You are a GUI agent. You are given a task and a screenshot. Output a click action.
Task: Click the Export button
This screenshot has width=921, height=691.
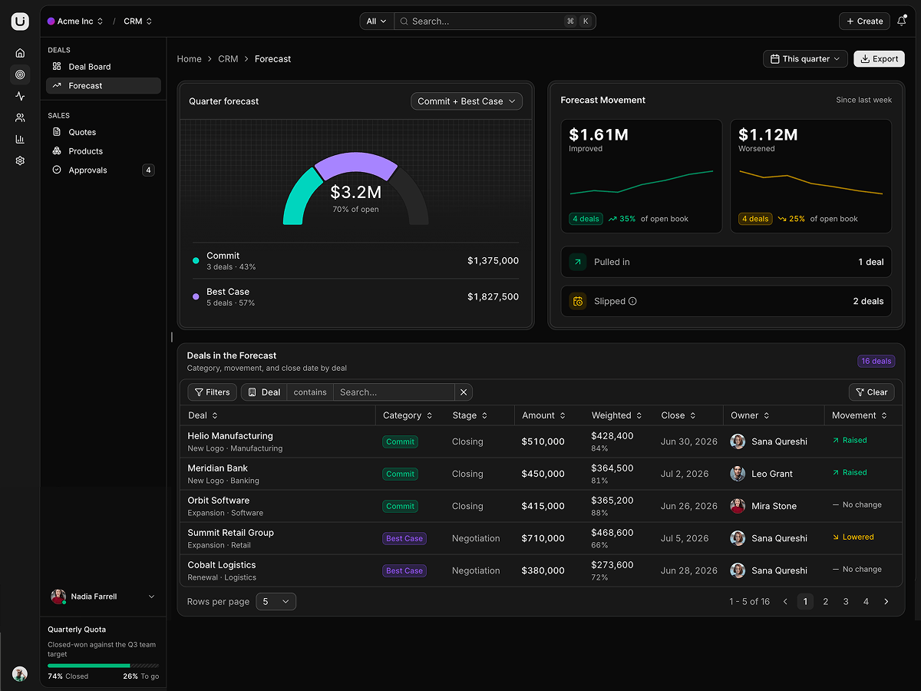879,59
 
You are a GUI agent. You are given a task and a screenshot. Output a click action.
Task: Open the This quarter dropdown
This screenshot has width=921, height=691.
805,59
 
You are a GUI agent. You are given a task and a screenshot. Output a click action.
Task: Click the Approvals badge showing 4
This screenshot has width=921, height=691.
148,170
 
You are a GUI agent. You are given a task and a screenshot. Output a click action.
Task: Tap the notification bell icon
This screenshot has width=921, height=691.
901,21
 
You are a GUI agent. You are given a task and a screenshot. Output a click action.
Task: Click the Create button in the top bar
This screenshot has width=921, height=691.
864,21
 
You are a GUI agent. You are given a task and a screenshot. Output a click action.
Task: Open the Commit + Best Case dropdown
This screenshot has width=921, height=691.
466,101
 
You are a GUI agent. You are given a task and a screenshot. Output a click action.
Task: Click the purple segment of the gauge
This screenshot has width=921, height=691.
356,164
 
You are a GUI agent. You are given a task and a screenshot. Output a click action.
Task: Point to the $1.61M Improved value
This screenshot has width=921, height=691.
599,134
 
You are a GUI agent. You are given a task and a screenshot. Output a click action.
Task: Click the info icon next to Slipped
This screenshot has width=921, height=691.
632,301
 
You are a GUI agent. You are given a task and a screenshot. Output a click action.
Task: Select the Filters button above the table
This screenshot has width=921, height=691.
212,392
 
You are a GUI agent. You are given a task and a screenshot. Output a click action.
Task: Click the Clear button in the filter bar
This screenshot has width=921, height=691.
871,392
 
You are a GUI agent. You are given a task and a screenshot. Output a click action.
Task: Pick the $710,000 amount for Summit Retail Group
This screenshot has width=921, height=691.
543,538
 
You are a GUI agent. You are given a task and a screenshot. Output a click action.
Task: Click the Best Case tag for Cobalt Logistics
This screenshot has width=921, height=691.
404,570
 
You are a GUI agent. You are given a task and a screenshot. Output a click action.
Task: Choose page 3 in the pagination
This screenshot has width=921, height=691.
846,602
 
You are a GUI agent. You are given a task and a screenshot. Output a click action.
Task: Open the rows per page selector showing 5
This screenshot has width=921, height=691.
276,602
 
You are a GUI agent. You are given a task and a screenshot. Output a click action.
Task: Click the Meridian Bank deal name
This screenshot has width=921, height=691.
217,468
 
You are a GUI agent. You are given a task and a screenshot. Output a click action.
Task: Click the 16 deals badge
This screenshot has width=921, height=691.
876,361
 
